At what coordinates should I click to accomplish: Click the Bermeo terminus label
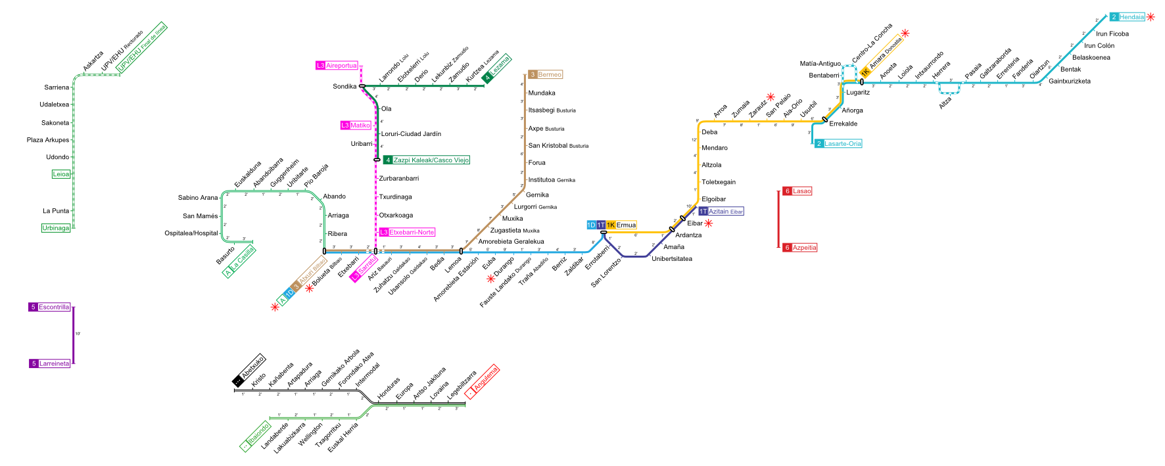point(546,75)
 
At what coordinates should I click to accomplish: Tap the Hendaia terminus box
point(1128,17)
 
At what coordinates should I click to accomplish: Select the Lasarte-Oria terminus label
point(838,144)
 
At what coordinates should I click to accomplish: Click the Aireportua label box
point(337,66)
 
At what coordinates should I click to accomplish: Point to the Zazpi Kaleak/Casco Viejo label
point(427,160)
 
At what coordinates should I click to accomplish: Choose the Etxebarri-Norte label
point(407,233)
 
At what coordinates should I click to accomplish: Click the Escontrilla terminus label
point(49,308)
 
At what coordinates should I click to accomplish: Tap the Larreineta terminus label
point(49,364)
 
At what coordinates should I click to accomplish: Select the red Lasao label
point(797,191)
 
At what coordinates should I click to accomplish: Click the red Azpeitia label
point(800,248)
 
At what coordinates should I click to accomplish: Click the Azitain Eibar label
point(721,212)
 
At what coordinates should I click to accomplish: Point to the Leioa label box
point(61,175)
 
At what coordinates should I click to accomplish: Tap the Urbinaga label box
point(56,228)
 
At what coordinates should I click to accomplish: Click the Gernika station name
point(537,195)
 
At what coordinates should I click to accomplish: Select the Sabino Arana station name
point(197,198)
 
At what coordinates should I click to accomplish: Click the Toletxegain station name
point(719,183)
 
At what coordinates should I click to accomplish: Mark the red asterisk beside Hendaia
point(1151,17)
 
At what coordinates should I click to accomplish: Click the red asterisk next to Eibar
point(709,223)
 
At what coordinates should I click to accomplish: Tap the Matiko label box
point(356,126)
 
